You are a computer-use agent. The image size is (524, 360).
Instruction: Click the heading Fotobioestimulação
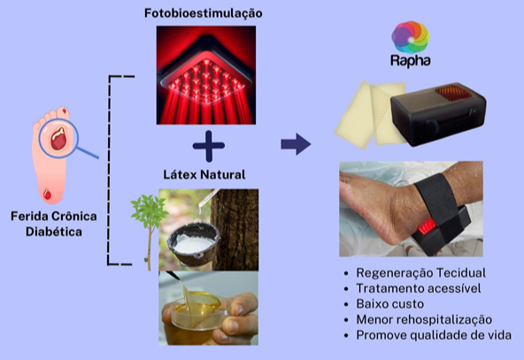tap(204, 13)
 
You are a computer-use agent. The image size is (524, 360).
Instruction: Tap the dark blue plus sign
tap(209, 146)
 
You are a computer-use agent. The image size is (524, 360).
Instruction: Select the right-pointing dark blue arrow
tap(297, 144)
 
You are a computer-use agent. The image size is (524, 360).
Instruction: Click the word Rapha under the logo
tap(411, 61)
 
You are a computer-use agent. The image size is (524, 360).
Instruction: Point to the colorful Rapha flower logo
tap(411, 37)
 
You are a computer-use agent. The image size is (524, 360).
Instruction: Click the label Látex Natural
tap(204, 174)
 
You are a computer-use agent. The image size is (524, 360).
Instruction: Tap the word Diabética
tap(54, 232)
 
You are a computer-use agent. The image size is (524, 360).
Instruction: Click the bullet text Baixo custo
tap(390, 304)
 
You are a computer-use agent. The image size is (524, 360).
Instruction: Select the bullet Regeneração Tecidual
tap(420, 272)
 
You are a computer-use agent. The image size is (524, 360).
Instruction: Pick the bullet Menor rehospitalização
tap(424, 319)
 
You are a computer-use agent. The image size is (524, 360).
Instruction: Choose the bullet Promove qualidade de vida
tap(434, 335)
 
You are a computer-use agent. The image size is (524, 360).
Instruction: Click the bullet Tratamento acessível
tap(419, 288)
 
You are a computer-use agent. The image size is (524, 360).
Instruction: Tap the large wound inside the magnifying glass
tap(58, 139)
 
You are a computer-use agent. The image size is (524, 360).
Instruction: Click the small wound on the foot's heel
tap(47, 194)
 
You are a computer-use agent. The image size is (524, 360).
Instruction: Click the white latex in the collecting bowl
tap(194, 245)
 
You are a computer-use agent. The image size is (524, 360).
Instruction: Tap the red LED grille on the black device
tap(452, 93)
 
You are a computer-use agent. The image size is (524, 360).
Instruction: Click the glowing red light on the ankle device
tap(427, 226)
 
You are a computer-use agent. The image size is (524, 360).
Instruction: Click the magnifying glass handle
tap(88, 152)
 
